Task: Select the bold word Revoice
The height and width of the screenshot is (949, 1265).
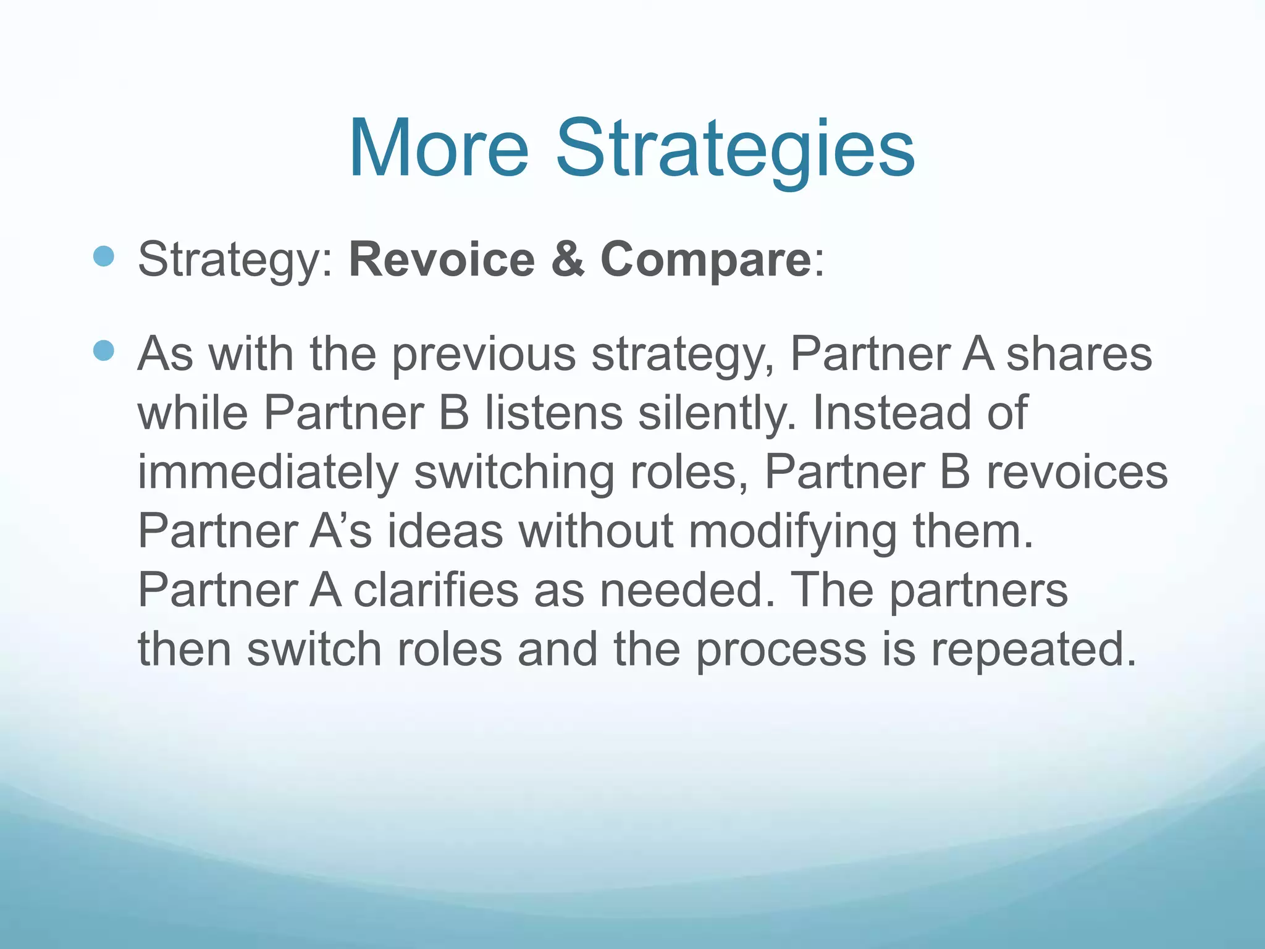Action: tap(442, 259)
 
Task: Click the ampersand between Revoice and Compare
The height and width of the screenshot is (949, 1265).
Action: tap(568, 259)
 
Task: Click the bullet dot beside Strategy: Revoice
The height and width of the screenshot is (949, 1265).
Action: tap(104, 256)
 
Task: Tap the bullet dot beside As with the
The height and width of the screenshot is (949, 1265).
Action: tap(104, 350)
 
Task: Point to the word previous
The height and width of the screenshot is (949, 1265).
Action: tap(484, 355)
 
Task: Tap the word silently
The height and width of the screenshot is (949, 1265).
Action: tap(717, 414)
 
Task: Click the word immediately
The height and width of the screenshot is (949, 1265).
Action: tap(268, 473)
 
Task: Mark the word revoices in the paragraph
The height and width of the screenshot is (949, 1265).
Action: tap(1077, 472)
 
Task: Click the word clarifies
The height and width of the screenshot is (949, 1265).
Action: tap(435, 590)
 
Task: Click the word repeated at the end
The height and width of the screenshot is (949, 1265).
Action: tap(1033, 651)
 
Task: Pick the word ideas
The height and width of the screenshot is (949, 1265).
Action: tap(445, 531)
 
